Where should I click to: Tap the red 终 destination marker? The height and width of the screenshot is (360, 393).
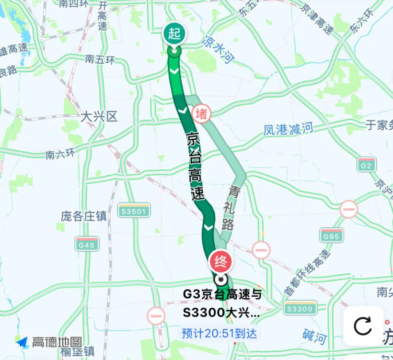coord(220,261)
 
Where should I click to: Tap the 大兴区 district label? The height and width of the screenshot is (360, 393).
coord(99,116)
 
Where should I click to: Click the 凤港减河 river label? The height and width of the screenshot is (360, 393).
coord(289,128)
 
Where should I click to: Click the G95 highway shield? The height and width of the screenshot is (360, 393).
coord(332,235)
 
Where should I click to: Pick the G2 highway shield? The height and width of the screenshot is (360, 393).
coord(367,164)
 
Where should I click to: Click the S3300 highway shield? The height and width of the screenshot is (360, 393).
coord(300,308)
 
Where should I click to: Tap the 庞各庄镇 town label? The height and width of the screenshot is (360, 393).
coord(83,216)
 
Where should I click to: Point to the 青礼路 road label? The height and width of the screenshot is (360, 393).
coord(231,207)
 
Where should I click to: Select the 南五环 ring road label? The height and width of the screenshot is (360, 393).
coord(100,60)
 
